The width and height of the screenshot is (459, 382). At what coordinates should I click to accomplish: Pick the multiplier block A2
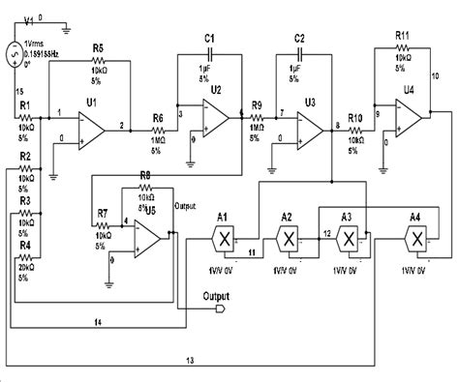point(287,237)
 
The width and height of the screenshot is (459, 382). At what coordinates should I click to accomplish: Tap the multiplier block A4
point(415,237)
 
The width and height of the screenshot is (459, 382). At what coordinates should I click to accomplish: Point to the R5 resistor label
point(97,47)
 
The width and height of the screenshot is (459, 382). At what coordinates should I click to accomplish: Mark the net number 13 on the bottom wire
point(189,361)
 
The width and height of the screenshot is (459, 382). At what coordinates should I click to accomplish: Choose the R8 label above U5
point(146,174)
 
